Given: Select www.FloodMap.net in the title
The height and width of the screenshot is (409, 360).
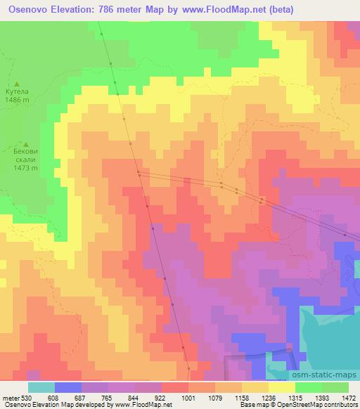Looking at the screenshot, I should tap(210, 10).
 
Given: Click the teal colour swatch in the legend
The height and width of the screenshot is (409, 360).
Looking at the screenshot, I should tap(41, 387).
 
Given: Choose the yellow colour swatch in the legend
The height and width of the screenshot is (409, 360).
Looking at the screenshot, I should tap(282, 387).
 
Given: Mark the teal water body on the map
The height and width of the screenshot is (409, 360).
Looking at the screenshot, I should tap(330, 330).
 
